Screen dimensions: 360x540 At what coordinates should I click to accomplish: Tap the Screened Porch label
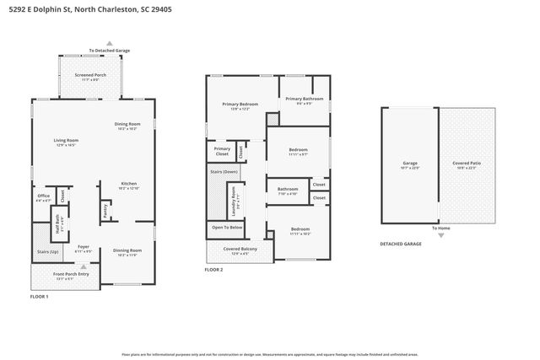pos(90,75)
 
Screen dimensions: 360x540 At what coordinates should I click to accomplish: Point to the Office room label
pos(43,196)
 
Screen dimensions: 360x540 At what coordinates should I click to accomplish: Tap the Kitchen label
pos(128,183)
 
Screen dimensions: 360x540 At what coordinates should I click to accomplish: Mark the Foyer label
pos(84,247)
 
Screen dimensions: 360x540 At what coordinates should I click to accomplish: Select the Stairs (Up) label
pos(48,252)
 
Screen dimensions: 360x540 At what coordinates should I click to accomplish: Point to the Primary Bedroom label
pos(240,104)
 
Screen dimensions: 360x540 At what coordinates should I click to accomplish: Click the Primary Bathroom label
pos(304,99)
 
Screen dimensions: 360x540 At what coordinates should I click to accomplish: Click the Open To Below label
pos(227,228)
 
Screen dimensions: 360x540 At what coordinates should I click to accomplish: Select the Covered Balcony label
pos(240,249)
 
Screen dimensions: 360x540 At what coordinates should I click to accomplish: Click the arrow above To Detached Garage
pos(109,42)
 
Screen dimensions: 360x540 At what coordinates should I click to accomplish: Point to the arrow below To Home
pos(440,236)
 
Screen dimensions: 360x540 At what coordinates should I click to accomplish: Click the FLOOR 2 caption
pos(213,269)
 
